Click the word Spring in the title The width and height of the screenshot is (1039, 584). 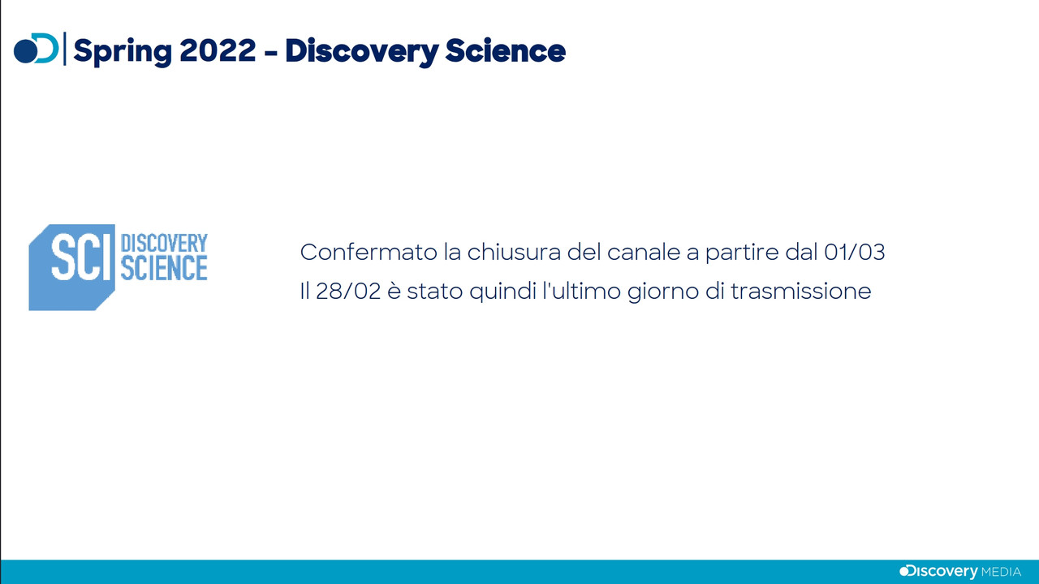click(x=123, y=51)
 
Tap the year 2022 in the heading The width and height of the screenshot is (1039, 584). click(x=218, y=50)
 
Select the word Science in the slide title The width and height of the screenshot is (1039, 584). click(x=505, y=50)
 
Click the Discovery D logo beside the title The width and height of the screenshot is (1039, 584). click(x=37, y=48)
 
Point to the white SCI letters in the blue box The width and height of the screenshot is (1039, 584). click(x=82, y=257)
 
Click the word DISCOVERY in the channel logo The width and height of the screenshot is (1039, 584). click(x=164, y=244)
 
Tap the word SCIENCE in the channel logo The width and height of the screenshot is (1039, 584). click(x=164, y=269)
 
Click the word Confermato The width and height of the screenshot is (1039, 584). click(x=369, y=253)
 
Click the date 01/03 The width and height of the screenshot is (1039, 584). click(x=855, y=252)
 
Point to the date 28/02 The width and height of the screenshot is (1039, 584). click(x=348, y=292)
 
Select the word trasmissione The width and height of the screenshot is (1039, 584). click(x=801, y=292)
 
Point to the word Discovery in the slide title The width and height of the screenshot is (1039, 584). click(x=362, y=51)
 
